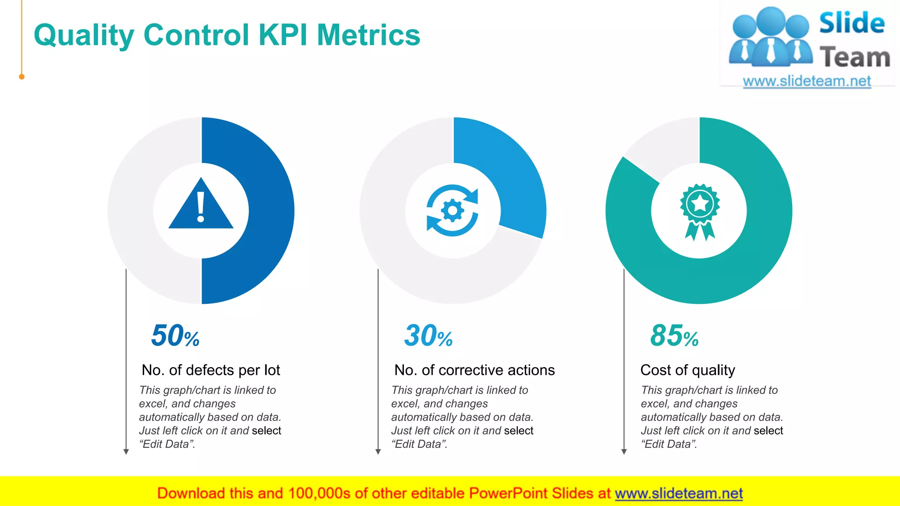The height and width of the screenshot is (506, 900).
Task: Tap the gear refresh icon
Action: [x=452, y=211]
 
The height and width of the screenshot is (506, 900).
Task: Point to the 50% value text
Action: [x=175, y=336]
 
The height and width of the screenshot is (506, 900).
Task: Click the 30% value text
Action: [x=428, y=336]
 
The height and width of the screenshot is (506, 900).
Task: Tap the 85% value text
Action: [x=674, y=336]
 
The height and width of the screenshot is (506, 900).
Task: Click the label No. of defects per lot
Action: [x=210, y=370]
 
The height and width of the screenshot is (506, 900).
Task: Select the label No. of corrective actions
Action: [x=474, y=370]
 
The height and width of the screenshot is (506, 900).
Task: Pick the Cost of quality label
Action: [x=687, y=370]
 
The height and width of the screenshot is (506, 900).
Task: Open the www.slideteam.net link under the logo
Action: [x=806, y=81]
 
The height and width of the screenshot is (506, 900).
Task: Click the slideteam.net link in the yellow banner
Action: [x=679, y=493]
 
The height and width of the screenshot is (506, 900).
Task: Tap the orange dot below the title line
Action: [x=22, y=77]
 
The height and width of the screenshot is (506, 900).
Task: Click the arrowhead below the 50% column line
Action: [x=126, y=452]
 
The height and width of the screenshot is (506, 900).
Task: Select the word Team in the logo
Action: [x=854, y=58]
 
